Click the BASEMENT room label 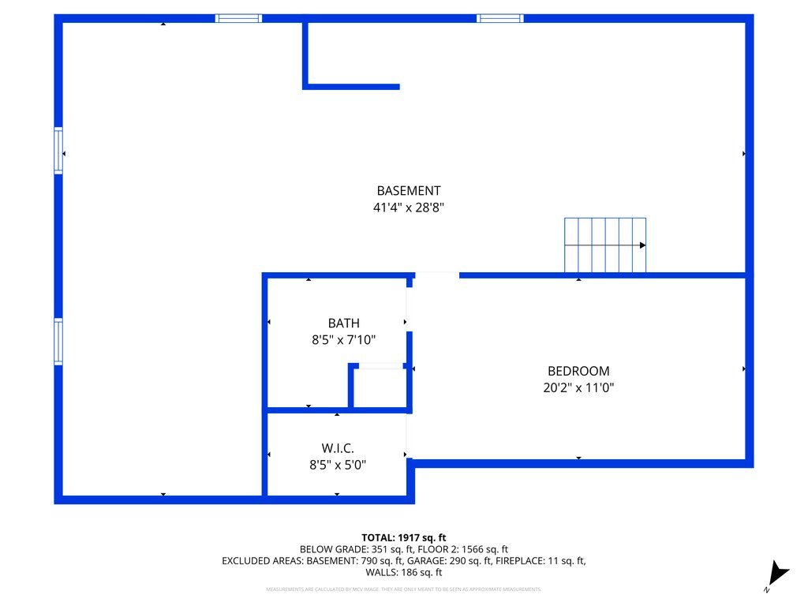click(408, 190)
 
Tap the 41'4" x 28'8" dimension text click(408, 208)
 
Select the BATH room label click(343, 323)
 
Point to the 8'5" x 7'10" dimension click(343, 340)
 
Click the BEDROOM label click(578, 371)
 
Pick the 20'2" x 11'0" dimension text click(578, 387)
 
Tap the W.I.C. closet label click(337, 448)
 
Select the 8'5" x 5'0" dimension click(337, 465)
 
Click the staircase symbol click(604, 245)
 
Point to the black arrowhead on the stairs click(642, 245)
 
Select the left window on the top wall click(238, 18)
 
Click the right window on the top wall click(499, 18)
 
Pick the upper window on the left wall click(58, 151)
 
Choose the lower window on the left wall click(58, 341)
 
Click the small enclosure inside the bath click(380, 387)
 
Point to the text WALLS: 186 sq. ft click(404, 572)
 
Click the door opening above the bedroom click(436, 275)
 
